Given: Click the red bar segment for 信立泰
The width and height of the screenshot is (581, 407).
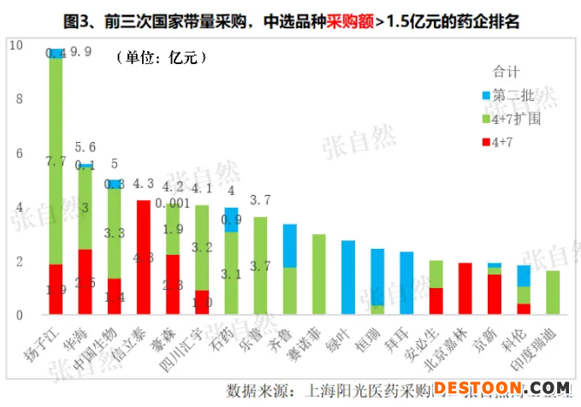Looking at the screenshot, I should (143, 257).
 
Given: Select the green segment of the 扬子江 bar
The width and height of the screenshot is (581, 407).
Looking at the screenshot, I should (56, 162).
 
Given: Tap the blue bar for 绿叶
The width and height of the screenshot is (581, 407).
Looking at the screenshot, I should (348, 277).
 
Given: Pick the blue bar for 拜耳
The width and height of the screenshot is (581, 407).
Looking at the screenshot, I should (406, 283).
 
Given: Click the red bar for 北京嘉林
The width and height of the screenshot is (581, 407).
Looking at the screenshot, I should (465, 288).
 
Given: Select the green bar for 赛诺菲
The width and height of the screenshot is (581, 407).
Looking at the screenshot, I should (319, 274).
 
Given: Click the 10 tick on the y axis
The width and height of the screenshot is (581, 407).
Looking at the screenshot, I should (17, 45).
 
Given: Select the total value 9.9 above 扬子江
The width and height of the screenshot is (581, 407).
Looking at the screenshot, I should (81, 52).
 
